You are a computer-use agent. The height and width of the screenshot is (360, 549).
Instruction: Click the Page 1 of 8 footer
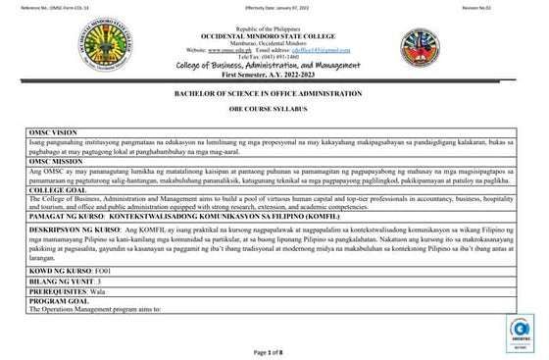tap(274, 351)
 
